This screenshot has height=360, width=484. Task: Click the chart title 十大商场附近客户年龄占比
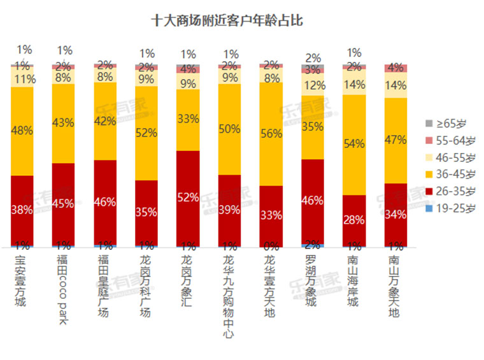pyautogui.click(x=226, y=21)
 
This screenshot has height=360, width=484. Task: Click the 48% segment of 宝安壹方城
pyautogui.click(x=23, y=131)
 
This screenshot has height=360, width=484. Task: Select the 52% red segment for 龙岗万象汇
pyautogui.click(x=189, y=198)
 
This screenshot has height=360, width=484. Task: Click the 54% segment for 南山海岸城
pyautogui.click(x=354, y=145)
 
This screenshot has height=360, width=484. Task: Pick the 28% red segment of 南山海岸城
pyautogui.click(x=354, y=220)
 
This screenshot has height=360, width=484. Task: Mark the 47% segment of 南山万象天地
pyautogui.click(x=395, y=140)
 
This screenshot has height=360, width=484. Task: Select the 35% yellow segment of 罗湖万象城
pyautogui.click(x=313, y=127)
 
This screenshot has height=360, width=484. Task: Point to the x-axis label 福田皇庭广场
pyautogui.click(x=104, y=286)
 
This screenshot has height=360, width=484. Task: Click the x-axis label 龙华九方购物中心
pyautogui.click(x=229, y=297)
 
